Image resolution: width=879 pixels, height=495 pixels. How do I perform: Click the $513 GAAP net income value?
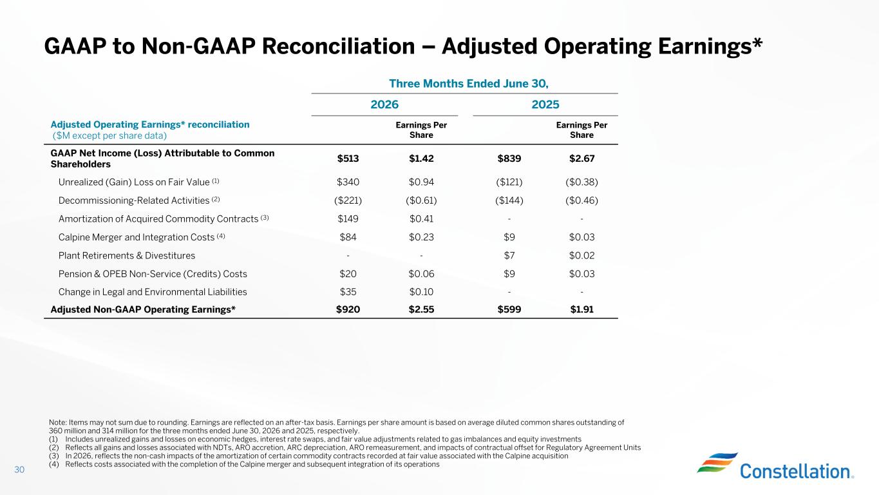click(x=348, y=159)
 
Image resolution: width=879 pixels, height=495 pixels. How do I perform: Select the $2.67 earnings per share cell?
click(x=581, y=159)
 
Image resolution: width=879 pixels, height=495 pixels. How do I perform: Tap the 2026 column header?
click(x=384, y=104)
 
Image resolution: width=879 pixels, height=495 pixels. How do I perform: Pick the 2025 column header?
click(x=545, y=104)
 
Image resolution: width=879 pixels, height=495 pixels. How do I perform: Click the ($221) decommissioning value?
click(x=348, y=200)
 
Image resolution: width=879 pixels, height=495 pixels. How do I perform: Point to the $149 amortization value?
click(x=348, y=218)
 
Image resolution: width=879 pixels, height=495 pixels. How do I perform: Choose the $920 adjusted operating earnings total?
click(x=348, y=309)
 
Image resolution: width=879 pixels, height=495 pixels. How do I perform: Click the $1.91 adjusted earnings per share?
click(x=581, y=309)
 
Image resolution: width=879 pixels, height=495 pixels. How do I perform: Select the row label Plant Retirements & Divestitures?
click(x=127, y=255)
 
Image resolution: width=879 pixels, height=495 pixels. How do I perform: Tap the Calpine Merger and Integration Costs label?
click(x=137, y=237)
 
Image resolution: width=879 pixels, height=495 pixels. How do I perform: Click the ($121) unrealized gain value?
click(x=509, y=182)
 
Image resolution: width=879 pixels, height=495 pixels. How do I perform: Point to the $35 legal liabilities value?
click(x=348, y=292)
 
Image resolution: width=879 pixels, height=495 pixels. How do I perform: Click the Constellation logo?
click(x=775, y=466)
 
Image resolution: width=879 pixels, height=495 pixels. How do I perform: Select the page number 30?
click(x=19, y=469)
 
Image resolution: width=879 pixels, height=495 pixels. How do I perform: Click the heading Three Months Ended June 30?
click(x=469, y=84)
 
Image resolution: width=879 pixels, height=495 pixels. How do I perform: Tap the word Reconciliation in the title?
click(x=338, y=46)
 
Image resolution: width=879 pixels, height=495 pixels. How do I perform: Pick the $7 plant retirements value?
click(x=509, y=255)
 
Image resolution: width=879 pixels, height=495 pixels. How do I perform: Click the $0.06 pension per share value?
click(x=421, y=273)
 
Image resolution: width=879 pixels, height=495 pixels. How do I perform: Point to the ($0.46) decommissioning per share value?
click(x=581, y=200)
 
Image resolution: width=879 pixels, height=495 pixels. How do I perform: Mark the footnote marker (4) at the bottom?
click(x=53, y=464)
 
